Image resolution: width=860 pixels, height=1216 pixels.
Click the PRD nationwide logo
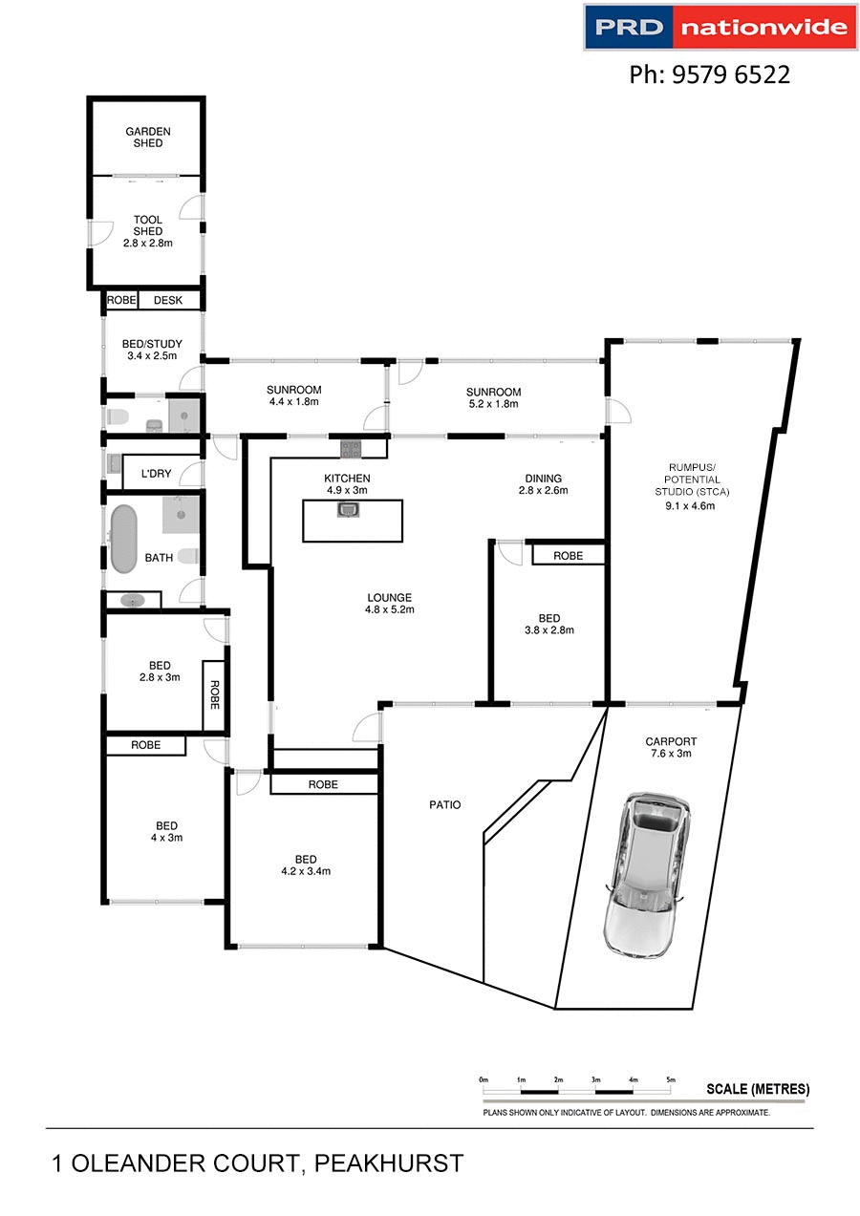pos(720,27)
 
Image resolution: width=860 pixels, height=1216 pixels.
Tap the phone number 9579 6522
pos(709,75)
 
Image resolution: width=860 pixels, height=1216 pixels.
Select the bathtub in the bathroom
pos(124,539)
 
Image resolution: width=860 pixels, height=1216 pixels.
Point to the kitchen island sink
pos(347,510)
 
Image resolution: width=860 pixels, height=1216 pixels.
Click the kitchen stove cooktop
pos(351,446)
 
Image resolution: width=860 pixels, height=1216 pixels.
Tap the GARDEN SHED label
pos(147,138)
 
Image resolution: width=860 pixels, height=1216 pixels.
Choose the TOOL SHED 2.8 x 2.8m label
pos(147,231)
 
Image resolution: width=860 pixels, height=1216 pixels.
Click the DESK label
pos(168,301)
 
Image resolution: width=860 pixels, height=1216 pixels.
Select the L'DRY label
pos(155,474)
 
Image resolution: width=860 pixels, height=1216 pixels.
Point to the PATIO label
pos(444,804)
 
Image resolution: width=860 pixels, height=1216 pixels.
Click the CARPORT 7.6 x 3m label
pos(671,747)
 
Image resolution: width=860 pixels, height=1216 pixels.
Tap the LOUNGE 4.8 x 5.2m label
pos(389,604)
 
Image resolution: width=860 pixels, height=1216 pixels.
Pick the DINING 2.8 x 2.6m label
pos(543,484)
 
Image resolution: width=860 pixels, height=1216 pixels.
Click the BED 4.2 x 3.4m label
pos(305,864)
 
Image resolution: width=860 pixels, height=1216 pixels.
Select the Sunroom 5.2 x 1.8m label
pos(493,397)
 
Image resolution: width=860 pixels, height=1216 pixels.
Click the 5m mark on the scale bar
pos(671,1079)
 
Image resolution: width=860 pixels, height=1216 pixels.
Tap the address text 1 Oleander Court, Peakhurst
pos(258,1163)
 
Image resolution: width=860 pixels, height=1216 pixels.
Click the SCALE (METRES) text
pos(757,1089)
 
